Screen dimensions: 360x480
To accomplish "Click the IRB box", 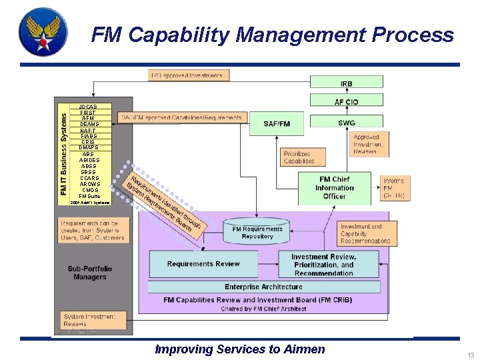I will point(347,83).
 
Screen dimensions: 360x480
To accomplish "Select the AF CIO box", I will point(347,101).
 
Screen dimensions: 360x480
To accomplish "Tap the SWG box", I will point(347,123).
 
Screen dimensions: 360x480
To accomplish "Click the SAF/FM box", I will point(277,123).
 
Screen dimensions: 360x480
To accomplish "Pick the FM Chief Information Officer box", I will point(335,188).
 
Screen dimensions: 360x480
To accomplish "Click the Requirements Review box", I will point(203,264).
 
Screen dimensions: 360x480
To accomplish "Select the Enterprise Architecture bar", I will point(263,287).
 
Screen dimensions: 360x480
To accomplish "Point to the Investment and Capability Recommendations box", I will point(365,234).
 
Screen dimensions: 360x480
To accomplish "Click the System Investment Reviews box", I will point(89,321).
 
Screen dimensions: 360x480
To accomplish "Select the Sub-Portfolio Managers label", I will point(90,273).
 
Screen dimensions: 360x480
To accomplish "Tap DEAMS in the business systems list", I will point(89,124).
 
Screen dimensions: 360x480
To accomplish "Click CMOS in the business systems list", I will point(89,190).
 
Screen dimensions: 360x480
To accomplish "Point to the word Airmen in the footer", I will point(303,349).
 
